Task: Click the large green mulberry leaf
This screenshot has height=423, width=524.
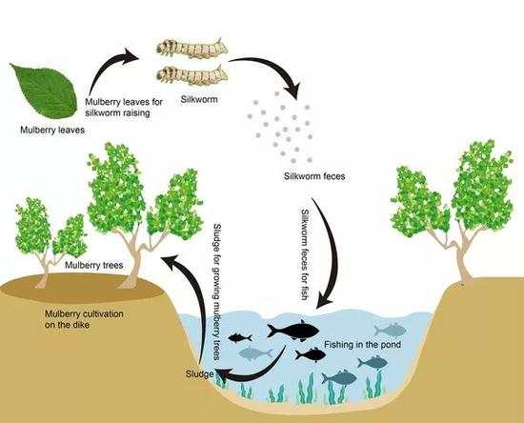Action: [45, 91]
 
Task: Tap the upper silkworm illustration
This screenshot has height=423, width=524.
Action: [191, 49]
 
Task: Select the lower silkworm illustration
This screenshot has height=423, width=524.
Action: [191, 75]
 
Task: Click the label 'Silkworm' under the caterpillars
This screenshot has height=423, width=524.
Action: [199, 99]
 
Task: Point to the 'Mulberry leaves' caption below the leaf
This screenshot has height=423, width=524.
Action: [52, 130]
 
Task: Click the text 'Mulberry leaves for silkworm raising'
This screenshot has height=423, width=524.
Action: [124, 108]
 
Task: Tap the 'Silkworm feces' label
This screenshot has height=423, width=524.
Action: [314, 176]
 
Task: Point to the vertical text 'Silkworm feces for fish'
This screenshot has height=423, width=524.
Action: [305, 254]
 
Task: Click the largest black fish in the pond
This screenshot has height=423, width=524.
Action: [293, 331]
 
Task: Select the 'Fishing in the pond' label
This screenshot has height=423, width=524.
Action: [362, 345]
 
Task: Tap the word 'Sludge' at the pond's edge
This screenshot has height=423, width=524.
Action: [199, 373]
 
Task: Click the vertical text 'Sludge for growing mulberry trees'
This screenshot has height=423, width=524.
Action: [217, 292]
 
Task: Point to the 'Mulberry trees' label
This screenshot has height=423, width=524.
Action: [94, 265]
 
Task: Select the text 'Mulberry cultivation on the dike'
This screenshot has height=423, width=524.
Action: [84, 319]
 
